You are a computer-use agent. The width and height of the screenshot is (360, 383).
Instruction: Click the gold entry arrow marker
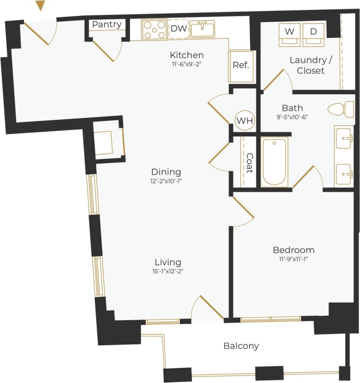click(40, 5)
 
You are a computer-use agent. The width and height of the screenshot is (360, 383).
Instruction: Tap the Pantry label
click(107, 25)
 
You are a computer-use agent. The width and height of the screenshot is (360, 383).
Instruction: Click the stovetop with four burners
click(154, 30)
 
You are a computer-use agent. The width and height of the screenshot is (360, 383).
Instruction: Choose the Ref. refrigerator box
click(240, 65)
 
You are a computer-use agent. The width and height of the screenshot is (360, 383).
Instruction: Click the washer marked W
click(289, 33)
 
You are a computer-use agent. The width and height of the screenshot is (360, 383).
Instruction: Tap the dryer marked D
click(314, 33)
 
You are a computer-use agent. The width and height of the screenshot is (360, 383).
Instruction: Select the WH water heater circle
click(245, 121)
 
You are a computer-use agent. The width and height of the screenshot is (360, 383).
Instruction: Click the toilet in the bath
click(341, 109)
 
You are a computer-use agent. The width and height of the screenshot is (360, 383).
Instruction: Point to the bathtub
click(275, 161)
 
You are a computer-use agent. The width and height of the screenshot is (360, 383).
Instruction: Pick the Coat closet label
click(249, 162)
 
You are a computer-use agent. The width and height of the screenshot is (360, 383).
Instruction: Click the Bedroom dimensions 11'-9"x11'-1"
click(293, 259)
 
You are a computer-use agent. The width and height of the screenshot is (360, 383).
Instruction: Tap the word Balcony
click(241, 346)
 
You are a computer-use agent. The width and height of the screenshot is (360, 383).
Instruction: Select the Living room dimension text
click(168, 271)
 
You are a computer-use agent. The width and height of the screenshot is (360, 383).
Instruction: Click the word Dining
click(166, 172)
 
